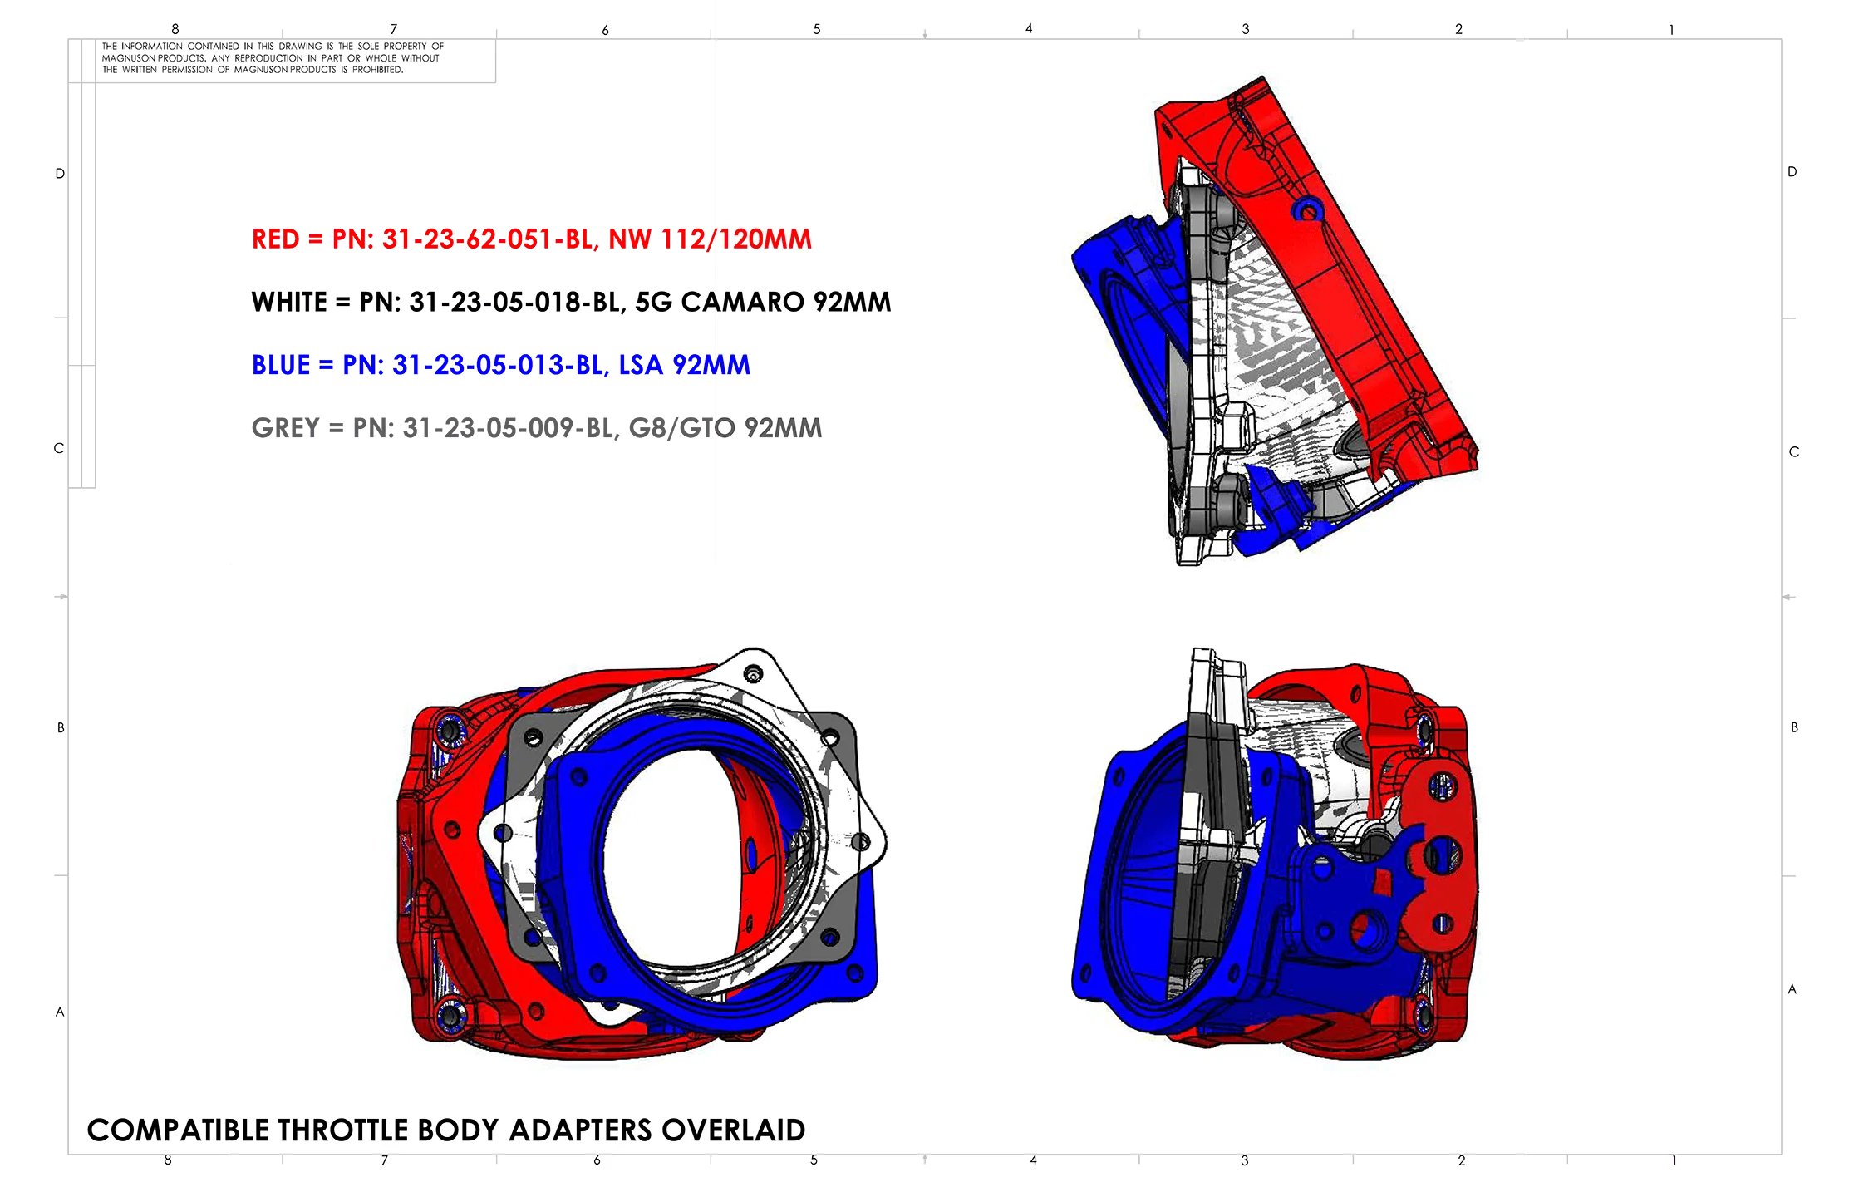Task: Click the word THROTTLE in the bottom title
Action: [343, 1130]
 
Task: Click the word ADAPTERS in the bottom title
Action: [579, 1130]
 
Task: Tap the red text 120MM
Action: [765, 239]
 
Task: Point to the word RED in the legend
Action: [275, 239]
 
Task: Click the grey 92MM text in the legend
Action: [783, 428]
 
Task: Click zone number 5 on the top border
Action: [816, 29]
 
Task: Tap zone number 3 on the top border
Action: [1245, 29]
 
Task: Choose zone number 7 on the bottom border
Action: [384, 1160]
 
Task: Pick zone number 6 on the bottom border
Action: [597, 1160]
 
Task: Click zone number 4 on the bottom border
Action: [1033, 1160]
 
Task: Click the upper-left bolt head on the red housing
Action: [450, 730]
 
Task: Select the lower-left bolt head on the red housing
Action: [450, 1013]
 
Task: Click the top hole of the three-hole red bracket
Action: [1442, 784]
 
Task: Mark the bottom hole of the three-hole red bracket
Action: [1442, 923]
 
